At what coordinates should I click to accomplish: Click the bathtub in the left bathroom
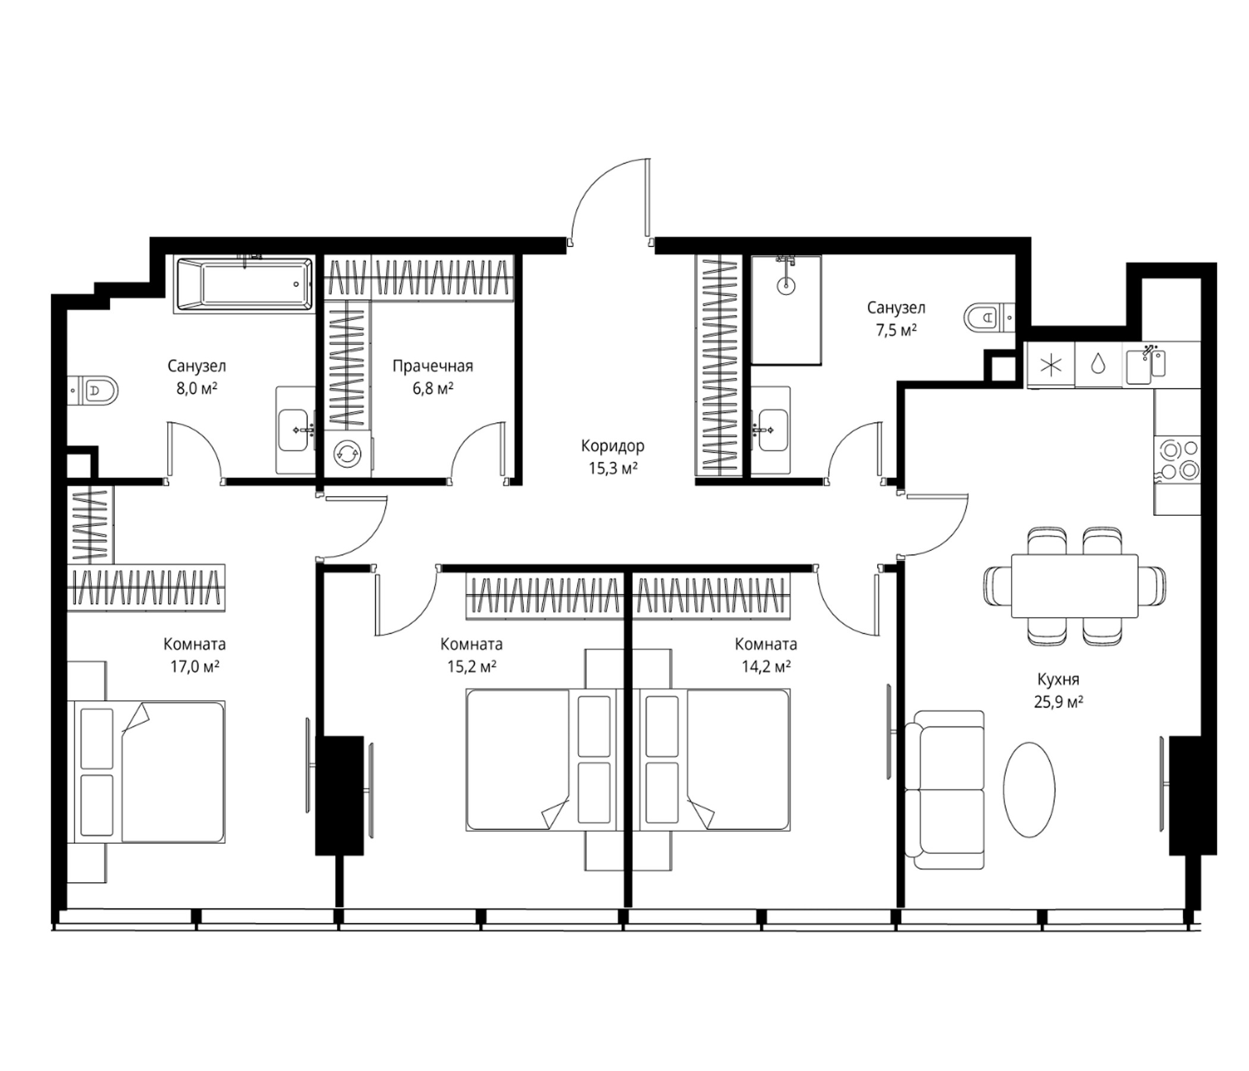[243, 284]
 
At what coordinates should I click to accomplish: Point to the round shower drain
[786, 286]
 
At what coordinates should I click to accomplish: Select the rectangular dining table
[1075, 586]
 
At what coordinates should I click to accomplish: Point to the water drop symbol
[1099, 364]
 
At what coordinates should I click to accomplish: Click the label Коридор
[613, 446]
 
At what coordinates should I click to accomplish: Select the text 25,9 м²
[1059, 702]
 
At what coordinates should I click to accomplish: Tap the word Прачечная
[433, 366]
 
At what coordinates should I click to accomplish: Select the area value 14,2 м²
[765, 666]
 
